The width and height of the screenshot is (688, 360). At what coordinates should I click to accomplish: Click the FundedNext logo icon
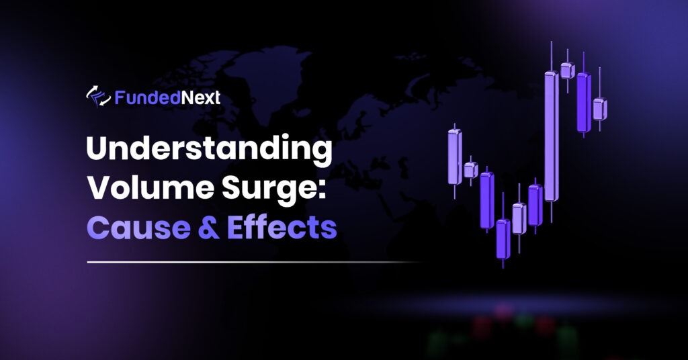(x=98, y=98)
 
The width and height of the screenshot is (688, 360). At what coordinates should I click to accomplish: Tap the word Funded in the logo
(x=138, y=98)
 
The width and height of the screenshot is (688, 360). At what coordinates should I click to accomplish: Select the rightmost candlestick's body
(x=599, y=109)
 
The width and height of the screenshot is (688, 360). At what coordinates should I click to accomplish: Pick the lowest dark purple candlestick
(x=503, y=238)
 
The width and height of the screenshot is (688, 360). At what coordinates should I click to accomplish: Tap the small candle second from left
(x=471, y=170)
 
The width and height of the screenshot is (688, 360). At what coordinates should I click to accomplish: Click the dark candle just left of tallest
(x=535, y=205)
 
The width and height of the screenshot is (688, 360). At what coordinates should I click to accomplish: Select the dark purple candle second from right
(x=583, y=102)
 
